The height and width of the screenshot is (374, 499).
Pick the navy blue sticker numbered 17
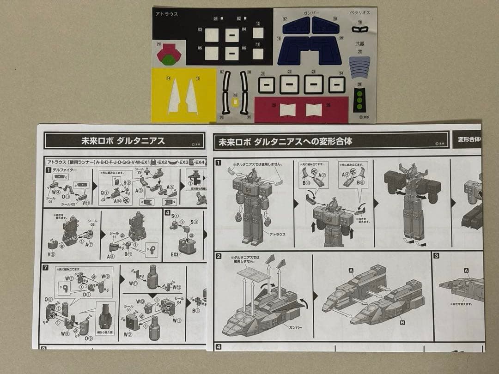296,26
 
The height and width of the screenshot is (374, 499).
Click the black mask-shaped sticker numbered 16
360,30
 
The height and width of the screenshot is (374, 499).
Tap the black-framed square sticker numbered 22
289,84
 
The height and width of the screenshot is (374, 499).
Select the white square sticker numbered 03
212,35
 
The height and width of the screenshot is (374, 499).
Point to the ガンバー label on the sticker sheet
311,12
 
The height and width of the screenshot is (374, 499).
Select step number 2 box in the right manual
219,257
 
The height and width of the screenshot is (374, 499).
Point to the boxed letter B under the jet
402,322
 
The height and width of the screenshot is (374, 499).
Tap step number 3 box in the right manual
436,256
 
